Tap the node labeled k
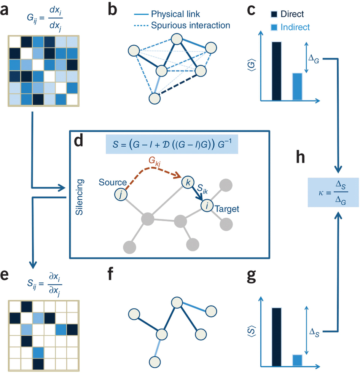pyautogui.click(x=187, y=182)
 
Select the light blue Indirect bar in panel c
pyautogui.click(x=297, y=87)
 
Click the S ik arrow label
pyautogui.click(x=203, y=188)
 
